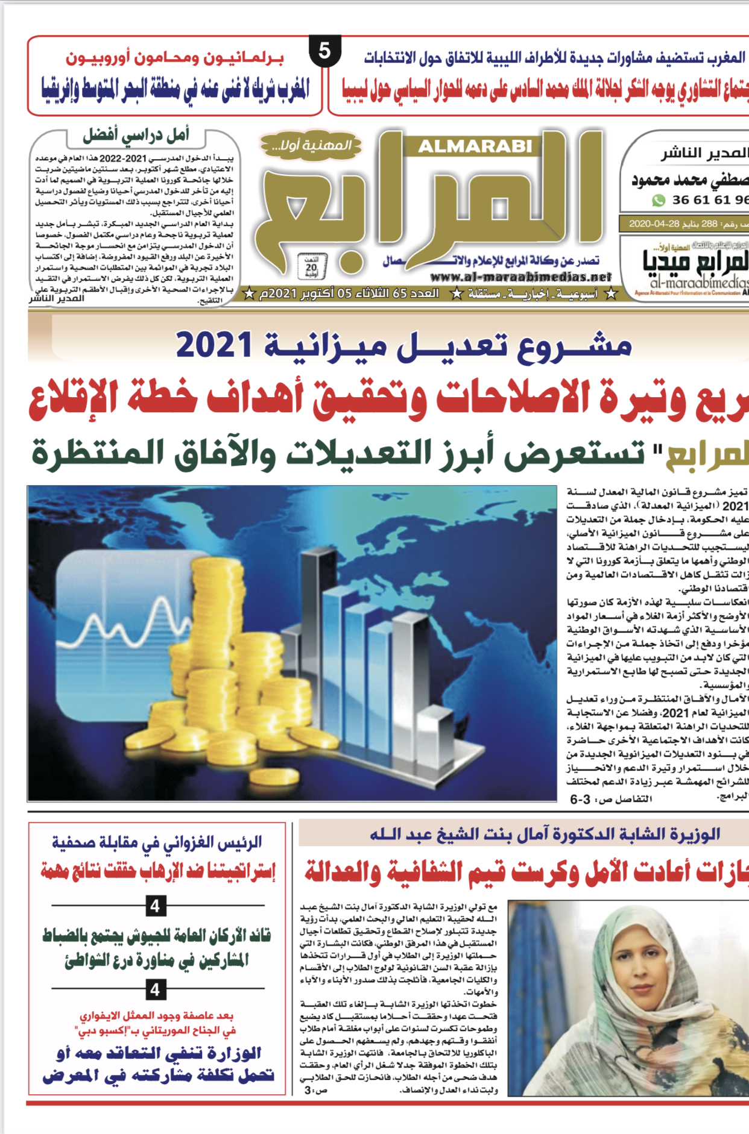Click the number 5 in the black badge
324,51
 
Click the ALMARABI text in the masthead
475,146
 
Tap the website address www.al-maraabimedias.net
521,277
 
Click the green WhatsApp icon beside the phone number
658,200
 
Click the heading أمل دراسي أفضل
136,136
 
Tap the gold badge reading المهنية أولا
311,145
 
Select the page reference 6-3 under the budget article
580,800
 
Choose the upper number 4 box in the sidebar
156,906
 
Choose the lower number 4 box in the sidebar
156,989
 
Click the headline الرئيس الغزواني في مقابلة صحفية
157,842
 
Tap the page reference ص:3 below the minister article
315,1090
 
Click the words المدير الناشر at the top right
704,154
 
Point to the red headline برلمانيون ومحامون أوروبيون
175,58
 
